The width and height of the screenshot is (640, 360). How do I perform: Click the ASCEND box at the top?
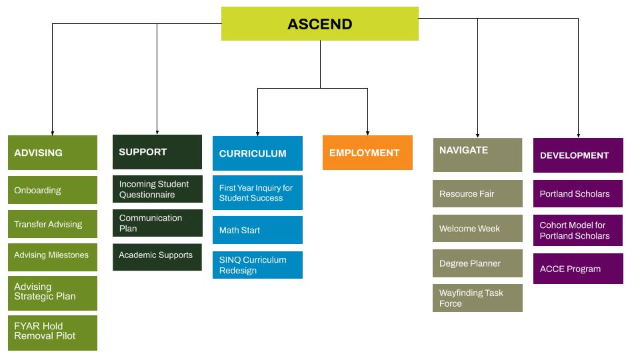[320, 24]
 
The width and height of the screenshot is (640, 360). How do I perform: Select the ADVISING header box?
[52, 153]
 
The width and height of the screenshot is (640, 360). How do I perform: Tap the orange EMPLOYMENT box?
[367, 153]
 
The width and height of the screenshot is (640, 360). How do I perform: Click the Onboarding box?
[52, 190]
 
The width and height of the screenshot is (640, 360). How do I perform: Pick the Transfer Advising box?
[52, 224]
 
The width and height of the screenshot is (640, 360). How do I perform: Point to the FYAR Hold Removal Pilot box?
[52, 332]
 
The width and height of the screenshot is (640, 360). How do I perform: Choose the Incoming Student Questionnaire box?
[157, 189]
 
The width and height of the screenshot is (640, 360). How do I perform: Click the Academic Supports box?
[157, 256]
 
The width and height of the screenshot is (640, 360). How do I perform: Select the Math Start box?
[257, 230]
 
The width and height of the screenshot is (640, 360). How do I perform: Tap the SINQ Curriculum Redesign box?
[257, 265]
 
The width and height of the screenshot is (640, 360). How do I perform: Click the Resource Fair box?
[477, 194]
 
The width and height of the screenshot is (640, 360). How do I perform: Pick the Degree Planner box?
[477, 263]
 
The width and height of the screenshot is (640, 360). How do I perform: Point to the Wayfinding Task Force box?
[477, 298]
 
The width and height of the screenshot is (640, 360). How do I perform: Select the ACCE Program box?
[578, 269]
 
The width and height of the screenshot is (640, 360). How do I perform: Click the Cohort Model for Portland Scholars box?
[578, 231]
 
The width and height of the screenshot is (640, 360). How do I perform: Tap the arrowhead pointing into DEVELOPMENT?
[578, 135]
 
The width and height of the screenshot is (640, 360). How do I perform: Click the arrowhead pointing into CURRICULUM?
[257, 133]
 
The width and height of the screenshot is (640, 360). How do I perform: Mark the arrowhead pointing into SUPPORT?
[157, 132]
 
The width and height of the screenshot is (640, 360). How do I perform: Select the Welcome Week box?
[477, 229]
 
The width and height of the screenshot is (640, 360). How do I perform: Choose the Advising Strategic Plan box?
[52, 292]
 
